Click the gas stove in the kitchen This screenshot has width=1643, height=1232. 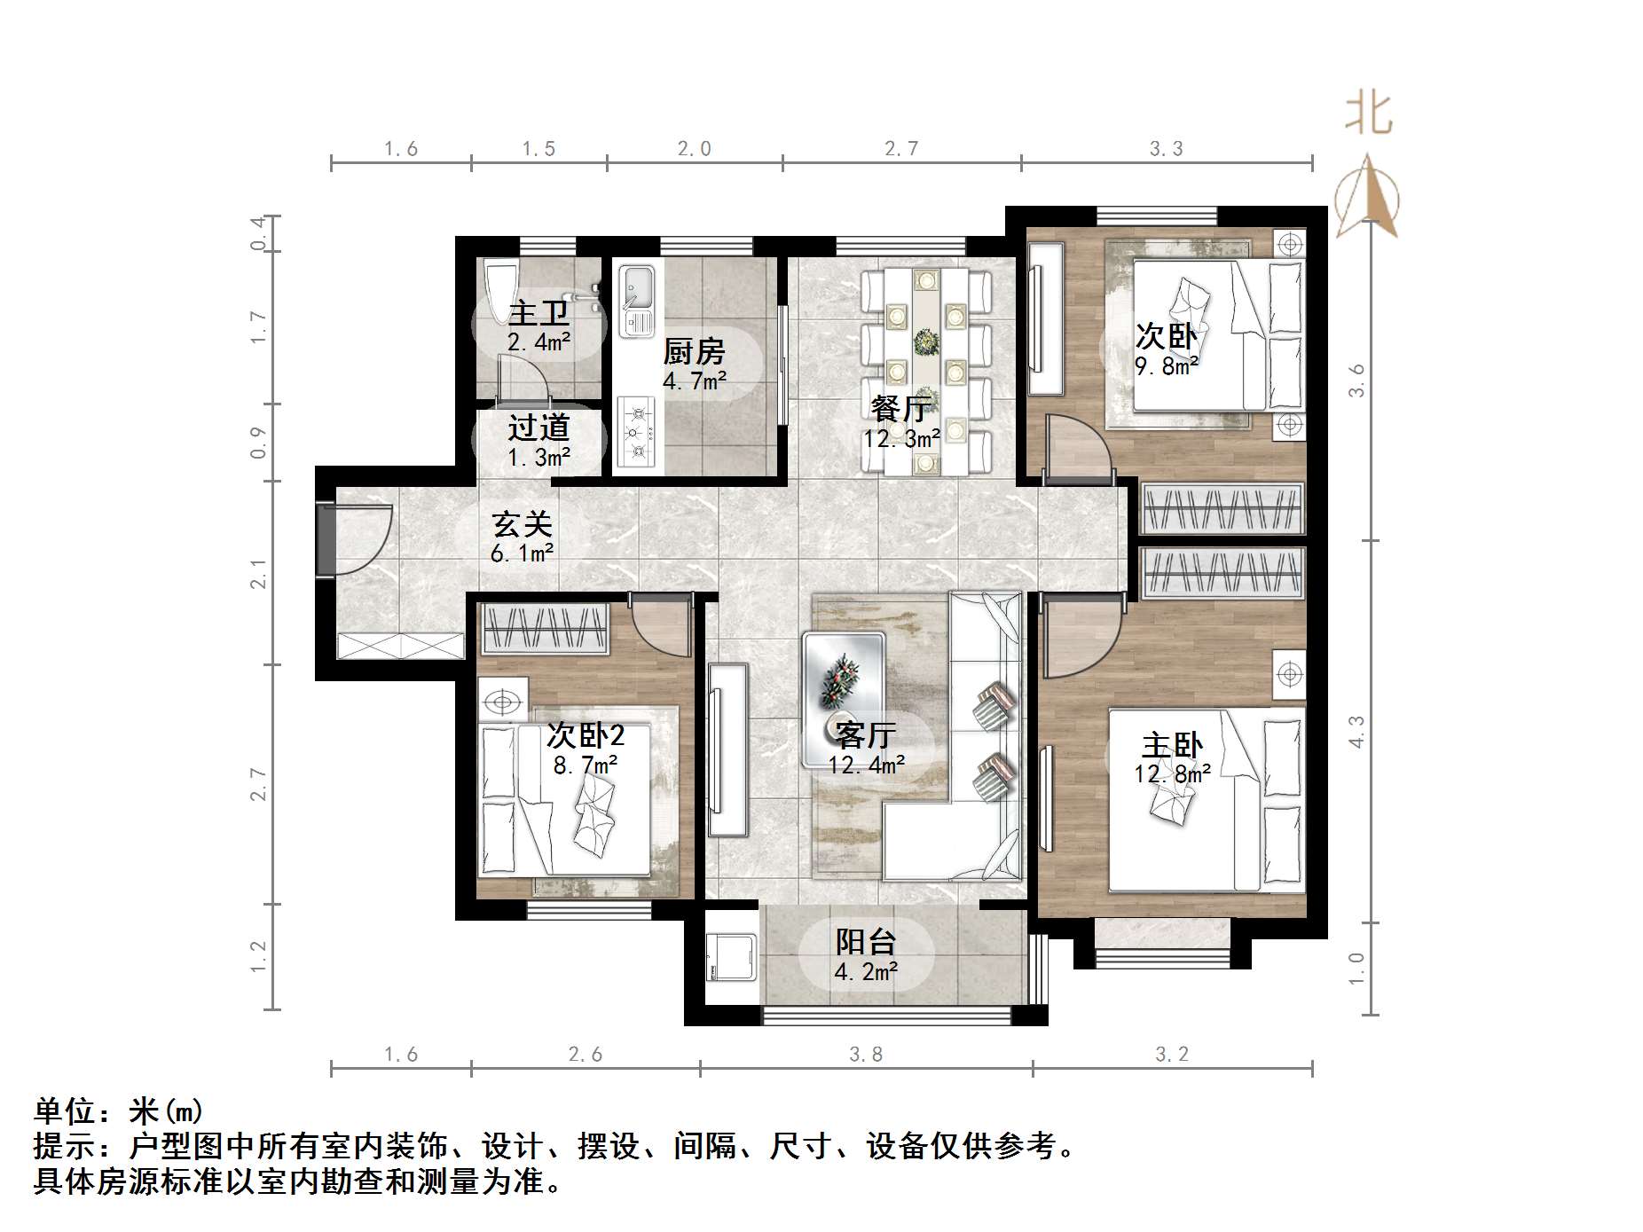pyautogui.click(x=635, y=432)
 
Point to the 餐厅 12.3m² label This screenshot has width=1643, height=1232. pyautogui.click(x=900, y=422)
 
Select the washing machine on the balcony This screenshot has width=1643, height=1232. pyautogui.click(x=731, y=956)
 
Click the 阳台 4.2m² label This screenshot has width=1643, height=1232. pyautogui.click(x=866, y=955)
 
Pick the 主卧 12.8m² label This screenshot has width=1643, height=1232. pyautogui.click(x=1172, y=758)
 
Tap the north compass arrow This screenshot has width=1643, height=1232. pyautogui.click(x=1367, y=197)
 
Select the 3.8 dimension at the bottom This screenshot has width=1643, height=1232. pyautogui.click(x=866, y=1054)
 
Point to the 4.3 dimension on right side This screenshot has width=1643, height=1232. pyautogui.click(x=1356, y=732)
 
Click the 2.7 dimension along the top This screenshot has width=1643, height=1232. pyautogui.click(x=901, y=148)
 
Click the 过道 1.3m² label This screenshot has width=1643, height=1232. pyautogui.click(x=538, y=441)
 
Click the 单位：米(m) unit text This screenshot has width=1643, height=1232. pyautogui.click(x=119, y=1110)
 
